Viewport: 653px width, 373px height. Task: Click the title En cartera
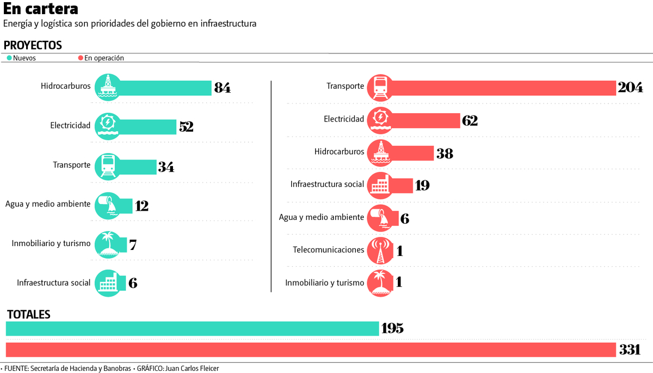pos(41,9)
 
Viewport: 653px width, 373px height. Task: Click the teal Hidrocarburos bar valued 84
pos(163,88)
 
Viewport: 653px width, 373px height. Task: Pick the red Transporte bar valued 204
pos(501,88)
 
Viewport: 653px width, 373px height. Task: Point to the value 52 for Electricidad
pos(186,126)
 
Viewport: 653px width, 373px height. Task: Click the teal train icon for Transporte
pos(108,166)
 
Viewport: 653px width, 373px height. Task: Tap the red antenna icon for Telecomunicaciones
pos(380,250)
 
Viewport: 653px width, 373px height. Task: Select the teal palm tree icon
pos(108,243)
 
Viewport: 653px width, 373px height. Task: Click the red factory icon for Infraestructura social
pos(380,185)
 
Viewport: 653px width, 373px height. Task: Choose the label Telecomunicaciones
pos(328,250)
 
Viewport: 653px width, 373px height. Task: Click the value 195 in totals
pos(392,329)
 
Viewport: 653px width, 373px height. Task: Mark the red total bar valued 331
pos(310,350)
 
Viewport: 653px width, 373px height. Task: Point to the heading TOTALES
pos(28,315)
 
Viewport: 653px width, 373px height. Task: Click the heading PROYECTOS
pos(33,46)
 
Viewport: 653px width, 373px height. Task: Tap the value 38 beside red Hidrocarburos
pos(445,154)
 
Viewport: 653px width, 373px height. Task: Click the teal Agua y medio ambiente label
pos(48,204)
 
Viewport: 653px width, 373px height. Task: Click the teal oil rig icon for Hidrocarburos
pos(108,87)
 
